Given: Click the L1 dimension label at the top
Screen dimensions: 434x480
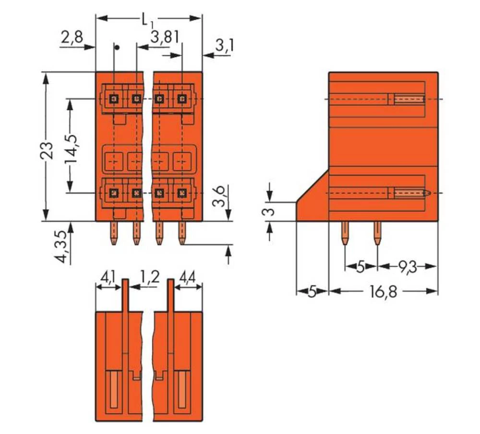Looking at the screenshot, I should [148, 20].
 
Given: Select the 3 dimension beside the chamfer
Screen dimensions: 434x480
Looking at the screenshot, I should [270, 211].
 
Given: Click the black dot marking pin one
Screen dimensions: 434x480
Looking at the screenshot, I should [115, 47].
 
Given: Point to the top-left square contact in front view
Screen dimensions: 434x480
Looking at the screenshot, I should [114, 99].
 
